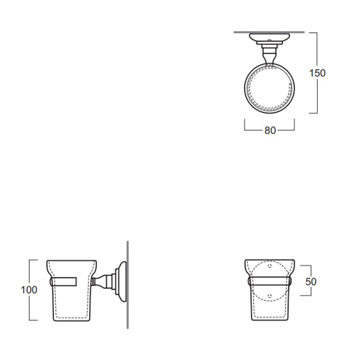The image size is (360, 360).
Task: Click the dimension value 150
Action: coord(317,73)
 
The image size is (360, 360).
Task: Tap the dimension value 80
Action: coord(270,131)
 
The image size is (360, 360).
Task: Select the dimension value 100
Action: coord(29,290)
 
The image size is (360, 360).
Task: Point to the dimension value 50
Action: coord(311,281)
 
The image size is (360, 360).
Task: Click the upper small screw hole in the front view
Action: coord(270,266)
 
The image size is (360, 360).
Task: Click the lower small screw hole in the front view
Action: coord(270,296)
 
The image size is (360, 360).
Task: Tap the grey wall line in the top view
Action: coord(269,32)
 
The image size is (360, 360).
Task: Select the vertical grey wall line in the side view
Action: coord(128,285)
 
